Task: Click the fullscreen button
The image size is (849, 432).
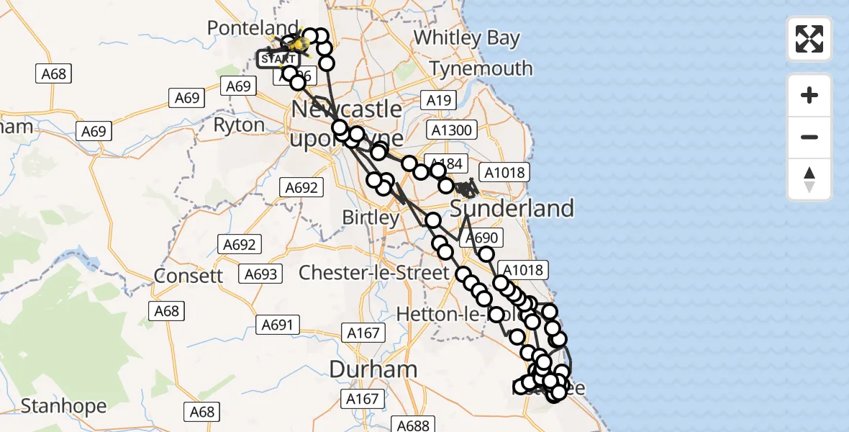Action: pyautogui.click(x=809, y=39)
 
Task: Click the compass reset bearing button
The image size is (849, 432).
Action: pyautogui.click(x=809, y=180)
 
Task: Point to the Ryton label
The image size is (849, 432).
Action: pyautogui.click(x=239, y=125)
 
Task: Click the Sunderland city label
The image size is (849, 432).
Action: pyautogui.click(x=512, y=209)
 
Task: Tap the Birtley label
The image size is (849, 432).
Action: pyautogui.click(x=371, y=217)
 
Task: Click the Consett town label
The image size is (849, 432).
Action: pyautogui.click(x=188, y=276)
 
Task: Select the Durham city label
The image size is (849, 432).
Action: pyautogui.click(x=373, y=369)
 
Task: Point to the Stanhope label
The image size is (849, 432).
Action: pyautogui.click(x=63, y=406)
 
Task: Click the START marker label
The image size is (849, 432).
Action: pyautogui.click(x=278, y=58)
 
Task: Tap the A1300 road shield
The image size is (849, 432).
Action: pyautogui.click(x=451, y=130)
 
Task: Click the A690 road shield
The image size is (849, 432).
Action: pyautogui.click(x=481, y=238)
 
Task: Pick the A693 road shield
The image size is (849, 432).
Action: pyautogui.click(x=260, y=274)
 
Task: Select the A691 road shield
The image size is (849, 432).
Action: pyautogui.click(x=277, y=325)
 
